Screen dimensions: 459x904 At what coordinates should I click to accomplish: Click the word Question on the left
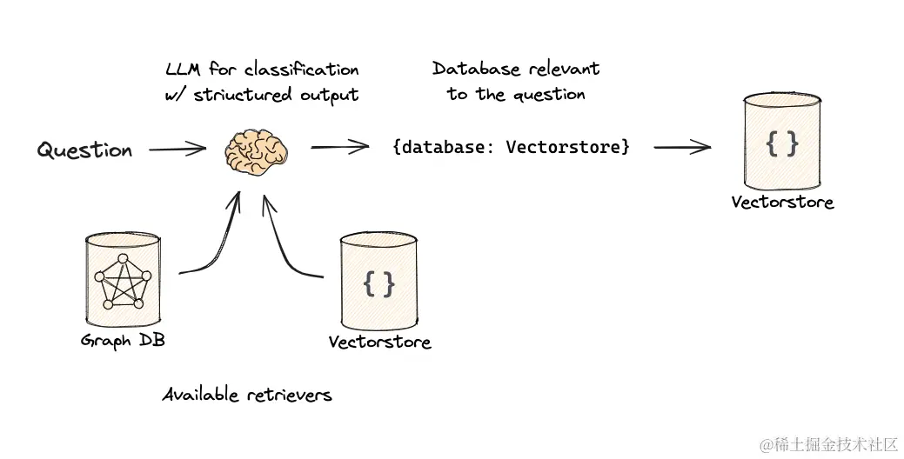(84, 150)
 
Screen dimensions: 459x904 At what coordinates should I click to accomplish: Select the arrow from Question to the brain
(177, 150)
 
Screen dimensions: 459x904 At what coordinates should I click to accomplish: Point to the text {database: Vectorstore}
(511, 147)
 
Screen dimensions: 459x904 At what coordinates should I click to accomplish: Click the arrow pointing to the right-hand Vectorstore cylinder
(681, 147)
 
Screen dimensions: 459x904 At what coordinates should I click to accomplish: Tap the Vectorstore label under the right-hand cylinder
(782, 203)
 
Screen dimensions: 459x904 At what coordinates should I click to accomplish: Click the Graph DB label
(123, 340)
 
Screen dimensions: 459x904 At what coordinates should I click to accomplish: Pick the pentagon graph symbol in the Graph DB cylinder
(122, 280)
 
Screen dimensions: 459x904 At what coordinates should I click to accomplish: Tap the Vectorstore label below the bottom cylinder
(379, 342)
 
